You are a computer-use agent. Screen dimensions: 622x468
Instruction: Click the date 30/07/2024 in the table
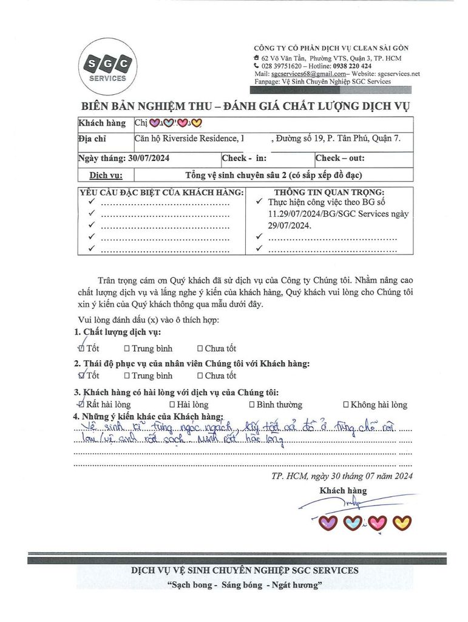click(149, 158)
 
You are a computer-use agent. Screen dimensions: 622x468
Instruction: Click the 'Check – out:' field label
click(340, 158)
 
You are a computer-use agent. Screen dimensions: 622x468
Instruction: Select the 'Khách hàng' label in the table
click(102, 123)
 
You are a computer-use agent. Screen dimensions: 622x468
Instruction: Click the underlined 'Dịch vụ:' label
click(106, 175)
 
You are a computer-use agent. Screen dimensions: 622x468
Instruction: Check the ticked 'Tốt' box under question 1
click(81, 348)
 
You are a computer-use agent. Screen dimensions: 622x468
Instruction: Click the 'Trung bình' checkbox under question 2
click(127, 375)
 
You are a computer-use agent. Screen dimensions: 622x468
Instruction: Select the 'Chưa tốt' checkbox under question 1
click(200, 349)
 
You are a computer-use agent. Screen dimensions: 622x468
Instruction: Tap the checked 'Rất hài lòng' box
click(81, 404)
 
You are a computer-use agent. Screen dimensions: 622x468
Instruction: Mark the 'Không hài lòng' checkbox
click(346, 405)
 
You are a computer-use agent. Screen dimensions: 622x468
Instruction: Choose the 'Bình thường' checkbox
click(252, 405)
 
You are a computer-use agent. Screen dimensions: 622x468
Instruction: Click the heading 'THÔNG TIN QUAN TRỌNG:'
click(327, 193)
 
